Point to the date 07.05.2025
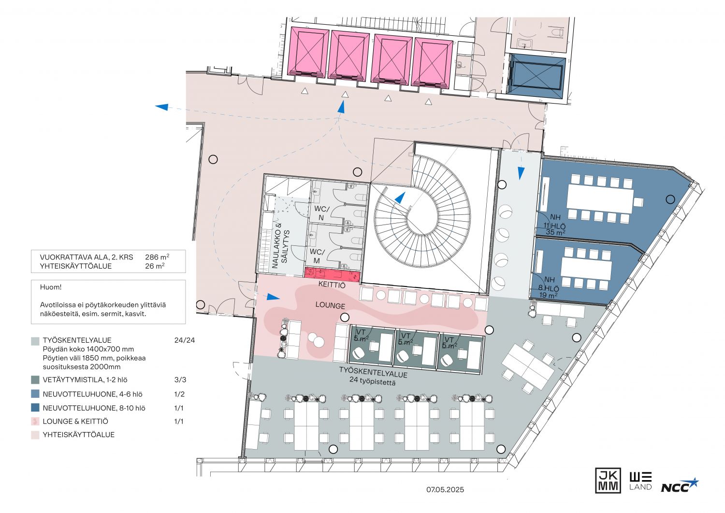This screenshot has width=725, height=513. click(x=445, y=490)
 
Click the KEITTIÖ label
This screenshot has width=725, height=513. click(x=332, y=285)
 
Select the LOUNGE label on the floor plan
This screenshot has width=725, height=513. click(x=330, y=305)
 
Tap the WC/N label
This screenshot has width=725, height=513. click(x=321, y=213)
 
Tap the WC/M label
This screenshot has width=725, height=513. click(x=317, y=256)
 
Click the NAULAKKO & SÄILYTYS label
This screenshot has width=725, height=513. click(x=281, y=246)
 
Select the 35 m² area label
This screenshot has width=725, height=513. click(x=555, y=232)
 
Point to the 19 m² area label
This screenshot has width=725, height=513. click(x=548, y=295)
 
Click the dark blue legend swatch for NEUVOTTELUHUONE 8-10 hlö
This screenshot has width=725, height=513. click(x=35, y=407)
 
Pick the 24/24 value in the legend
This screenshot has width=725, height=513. click(x=185, y=340)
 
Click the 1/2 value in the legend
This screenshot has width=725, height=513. click(x=179, y=394)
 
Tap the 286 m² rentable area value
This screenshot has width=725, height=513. click(x=157, y=257)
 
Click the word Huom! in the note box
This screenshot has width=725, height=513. click(x=51, y=287)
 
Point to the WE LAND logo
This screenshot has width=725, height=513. click(x=640, y=481)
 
